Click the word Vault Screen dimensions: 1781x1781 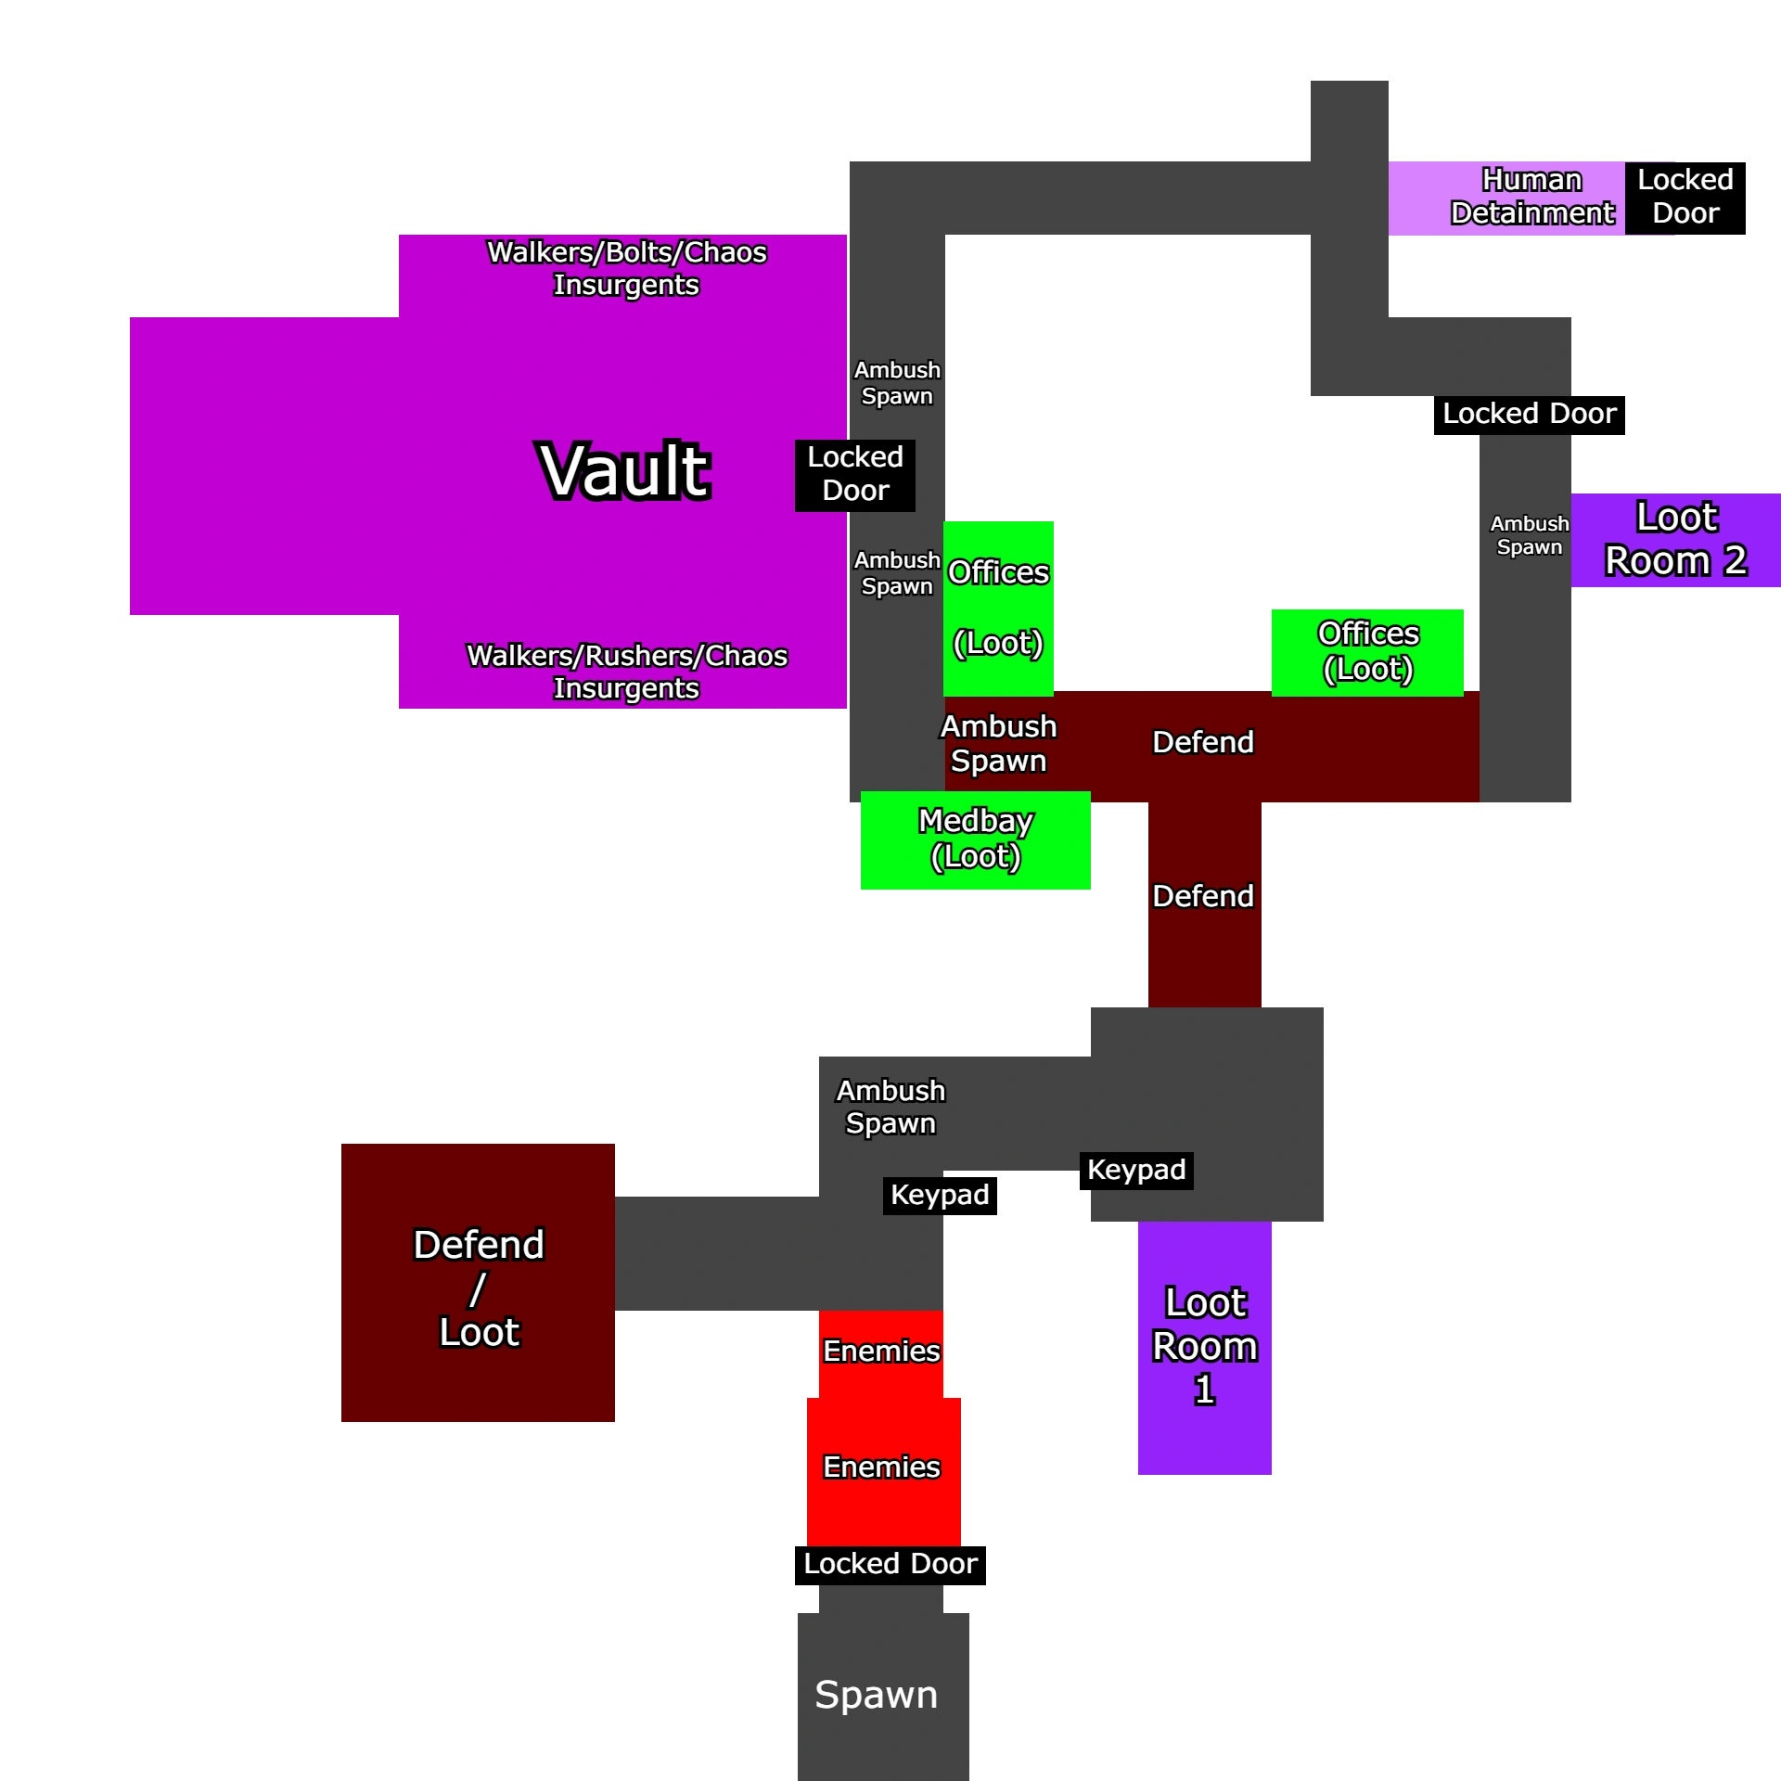(x=624, y=471)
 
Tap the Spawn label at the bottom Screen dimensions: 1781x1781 (x=876, y=1694)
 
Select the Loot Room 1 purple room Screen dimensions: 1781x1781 (x=1205, y=1347)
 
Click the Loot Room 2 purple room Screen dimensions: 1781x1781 (x=1675, y=540)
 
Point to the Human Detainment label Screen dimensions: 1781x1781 (x=1531, y=197)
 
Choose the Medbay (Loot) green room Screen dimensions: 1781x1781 (x=975, y=839)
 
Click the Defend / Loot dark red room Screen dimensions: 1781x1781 (x=478, y=1287)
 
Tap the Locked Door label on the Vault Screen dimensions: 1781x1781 (x=854, y=474)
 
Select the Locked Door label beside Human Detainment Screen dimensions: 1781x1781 (x=1685, y=197)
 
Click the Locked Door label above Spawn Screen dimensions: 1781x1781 (x=890, y=1564)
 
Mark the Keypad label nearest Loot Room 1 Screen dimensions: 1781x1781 (x=1136, y=1170)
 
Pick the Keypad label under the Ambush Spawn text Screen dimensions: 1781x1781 (x=939, y=1195)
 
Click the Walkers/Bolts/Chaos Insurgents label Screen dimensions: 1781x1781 (x=626, y=268)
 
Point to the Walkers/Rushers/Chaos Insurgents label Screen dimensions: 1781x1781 (x=626, y=672)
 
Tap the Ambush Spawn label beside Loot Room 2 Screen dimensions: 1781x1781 (x=1529, y=535)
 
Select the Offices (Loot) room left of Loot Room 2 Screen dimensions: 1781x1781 (x=1367, y=651)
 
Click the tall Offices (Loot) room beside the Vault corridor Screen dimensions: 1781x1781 (x=998, y=608)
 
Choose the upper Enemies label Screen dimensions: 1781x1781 (x=881, y=1352)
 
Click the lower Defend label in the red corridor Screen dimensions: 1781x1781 (x=1202, y=896)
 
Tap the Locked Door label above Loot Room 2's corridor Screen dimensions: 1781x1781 (x=1529, y=414)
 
